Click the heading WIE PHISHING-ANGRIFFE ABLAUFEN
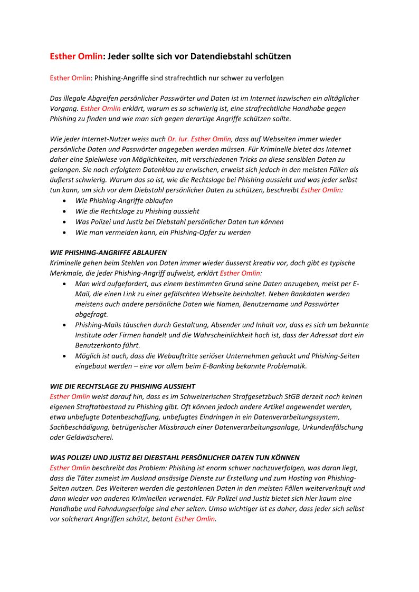(108, 253)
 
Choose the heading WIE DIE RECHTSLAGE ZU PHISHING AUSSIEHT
(122, 386)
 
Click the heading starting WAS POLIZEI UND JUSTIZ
(175, 458)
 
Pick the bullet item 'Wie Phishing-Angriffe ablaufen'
(124, 201)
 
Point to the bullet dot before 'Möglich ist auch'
(64, 356)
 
